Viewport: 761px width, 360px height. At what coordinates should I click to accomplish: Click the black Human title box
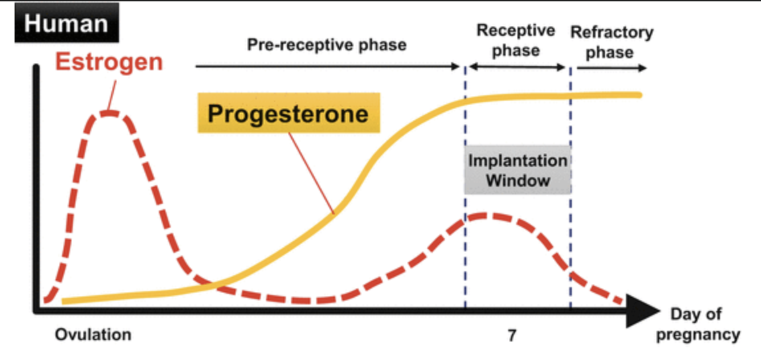pyautogui.click(x=66, y=22)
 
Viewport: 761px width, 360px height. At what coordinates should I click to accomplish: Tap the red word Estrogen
pyautogui.click(x=109, y=63)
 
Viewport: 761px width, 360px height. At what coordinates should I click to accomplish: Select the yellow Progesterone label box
pyautogui.click(x=289, y=112)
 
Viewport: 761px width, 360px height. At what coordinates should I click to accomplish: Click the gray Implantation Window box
pyautogui.click(x=517, y=170)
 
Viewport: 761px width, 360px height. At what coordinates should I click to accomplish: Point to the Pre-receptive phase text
pyautogui.click(x=327, y=45)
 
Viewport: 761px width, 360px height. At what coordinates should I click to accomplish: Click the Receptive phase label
pyautogui.click(x=515, y=40)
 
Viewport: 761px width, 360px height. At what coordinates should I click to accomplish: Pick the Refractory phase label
pyautogui.click(x=611, y=42)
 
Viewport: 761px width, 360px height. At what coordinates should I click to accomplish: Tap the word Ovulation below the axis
pyautogui.click(x=93, y=335)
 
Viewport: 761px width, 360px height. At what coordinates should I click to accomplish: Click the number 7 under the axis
pyautogui.click(x=512, y=336)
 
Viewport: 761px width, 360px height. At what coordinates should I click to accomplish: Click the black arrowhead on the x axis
pyautogui.click(x=643, y=310)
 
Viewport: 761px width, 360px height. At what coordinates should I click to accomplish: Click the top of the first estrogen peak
pyautogui.click(x=109, y=113)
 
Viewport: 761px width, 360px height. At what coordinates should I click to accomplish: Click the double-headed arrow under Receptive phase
pyautogui.click(x=517, y=67)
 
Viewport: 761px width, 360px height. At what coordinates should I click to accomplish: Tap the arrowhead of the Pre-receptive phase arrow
pyautogui.click(x=456, y=66)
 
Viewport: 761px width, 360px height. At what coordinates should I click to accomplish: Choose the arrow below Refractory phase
pyautogui.click(x=611, y=68)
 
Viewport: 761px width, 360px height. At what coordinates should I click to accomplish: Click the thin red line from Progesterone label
pyautogui.click(x=310, y=173)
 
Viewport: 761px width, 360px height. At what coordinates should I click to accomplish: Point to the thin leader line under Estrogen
pyautogui.click(x=112, y=94)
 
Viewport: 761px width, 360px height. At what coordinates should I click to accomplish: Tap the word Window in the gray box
pyautogui.click(x=517, y=181)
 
